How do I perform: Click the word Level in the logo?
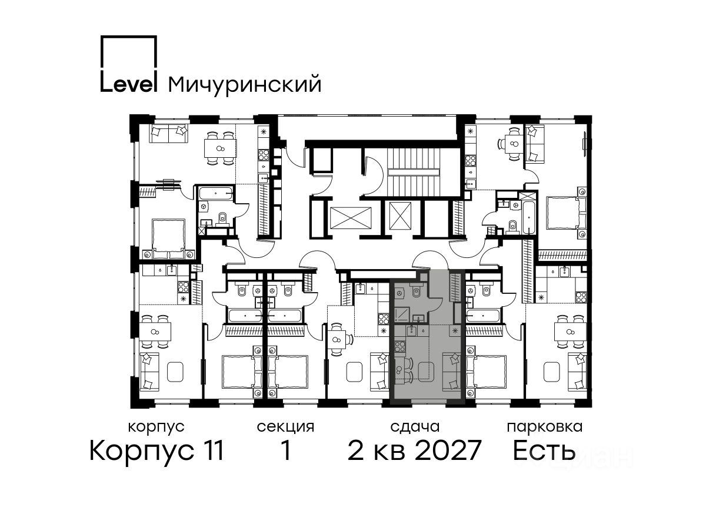click(x=128, y=84)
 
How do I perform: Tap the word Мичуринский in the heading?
click(x=245, y=85)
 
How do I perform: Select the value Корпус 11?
click(x=156, y=450)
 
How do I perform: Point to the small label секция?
click(x=285, y=427)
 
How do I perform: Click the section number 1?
click(x=285, y=450)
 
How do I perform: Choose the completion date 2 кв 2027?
click(x=414, y=450)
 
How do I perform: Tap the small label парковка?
click(x=545, y=428)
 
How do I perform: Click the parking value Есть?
click(x=544, y=450)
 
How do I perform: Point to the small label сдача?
click(x=415, y=428)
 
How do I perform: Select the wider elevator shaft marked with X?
click(x=351, y=218)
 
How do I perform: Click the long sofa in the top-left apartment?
click(x=168, y=134)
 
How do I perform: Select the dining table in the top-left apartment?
click(x=220, y=148)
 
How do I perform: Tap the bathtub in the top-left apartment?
click(x=215, y=194)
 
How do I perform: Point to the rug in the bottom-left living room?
click(x=175, y=372)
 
